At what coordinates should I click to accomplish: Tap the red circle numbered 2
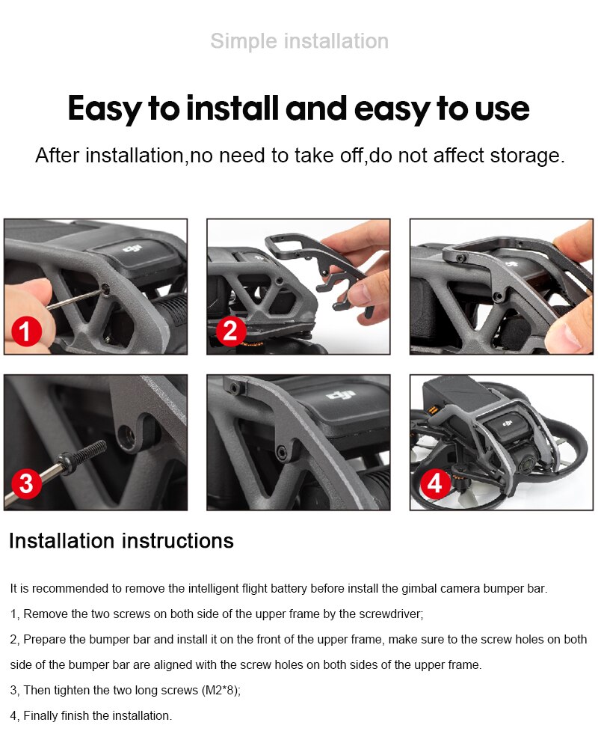click(230, 331)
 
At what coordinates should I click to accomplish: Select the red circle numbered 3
click(26, 483)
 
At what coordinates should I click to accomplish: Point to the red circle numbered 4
click(434, 483)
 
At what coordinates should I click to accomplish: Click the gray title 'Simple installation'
click(300, 41)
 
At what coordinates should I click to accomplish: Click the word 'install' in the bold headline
click(232, 108)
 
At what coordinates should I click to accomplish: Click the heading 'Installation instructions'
click(121, 541)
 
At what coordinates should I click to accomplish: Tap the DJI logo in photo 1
click(133, 248)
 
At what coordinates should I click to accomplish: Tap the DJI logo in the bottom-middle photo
click(341, 395)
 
